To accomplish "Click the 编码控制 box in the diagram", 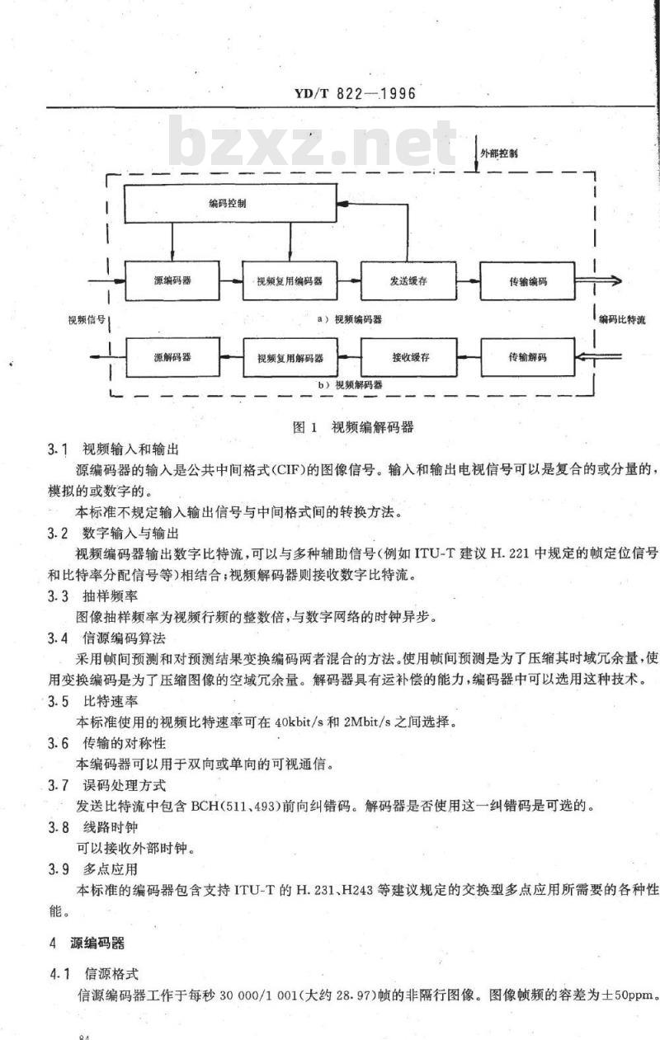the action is tap(230, 204).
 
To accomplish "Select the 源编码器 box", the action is tap(172, 280).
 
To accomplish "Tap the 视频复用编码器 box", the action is tap(290, 281).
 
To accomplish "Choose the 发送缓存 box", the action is tap(408, 281).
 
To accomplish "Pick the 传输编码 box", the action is tap(527, 281).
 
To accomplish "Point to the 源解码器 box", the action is tap(172, 357).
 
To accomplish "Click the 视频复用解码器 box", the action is tap(290, 357).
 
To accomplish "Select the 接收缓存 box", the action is tap(408, 357).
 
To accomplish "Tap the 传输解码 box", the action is tap(528, 357).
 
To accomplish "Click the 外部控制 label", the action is tap(499, 153).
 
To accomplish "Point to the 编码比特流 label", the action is tap(622, 319).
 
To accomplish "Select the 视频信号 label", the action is tap(87, 319).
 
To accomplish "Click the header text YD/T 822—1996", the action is tap(355, 93).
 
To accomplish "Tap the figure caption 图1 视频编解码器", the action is tap(353, 427).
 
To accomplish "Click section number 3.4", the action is tap(58, 638).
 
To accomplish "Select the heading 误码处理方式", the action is tap(125, 786).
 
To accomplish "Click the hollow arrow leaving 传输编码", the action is tap(598, 280).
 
